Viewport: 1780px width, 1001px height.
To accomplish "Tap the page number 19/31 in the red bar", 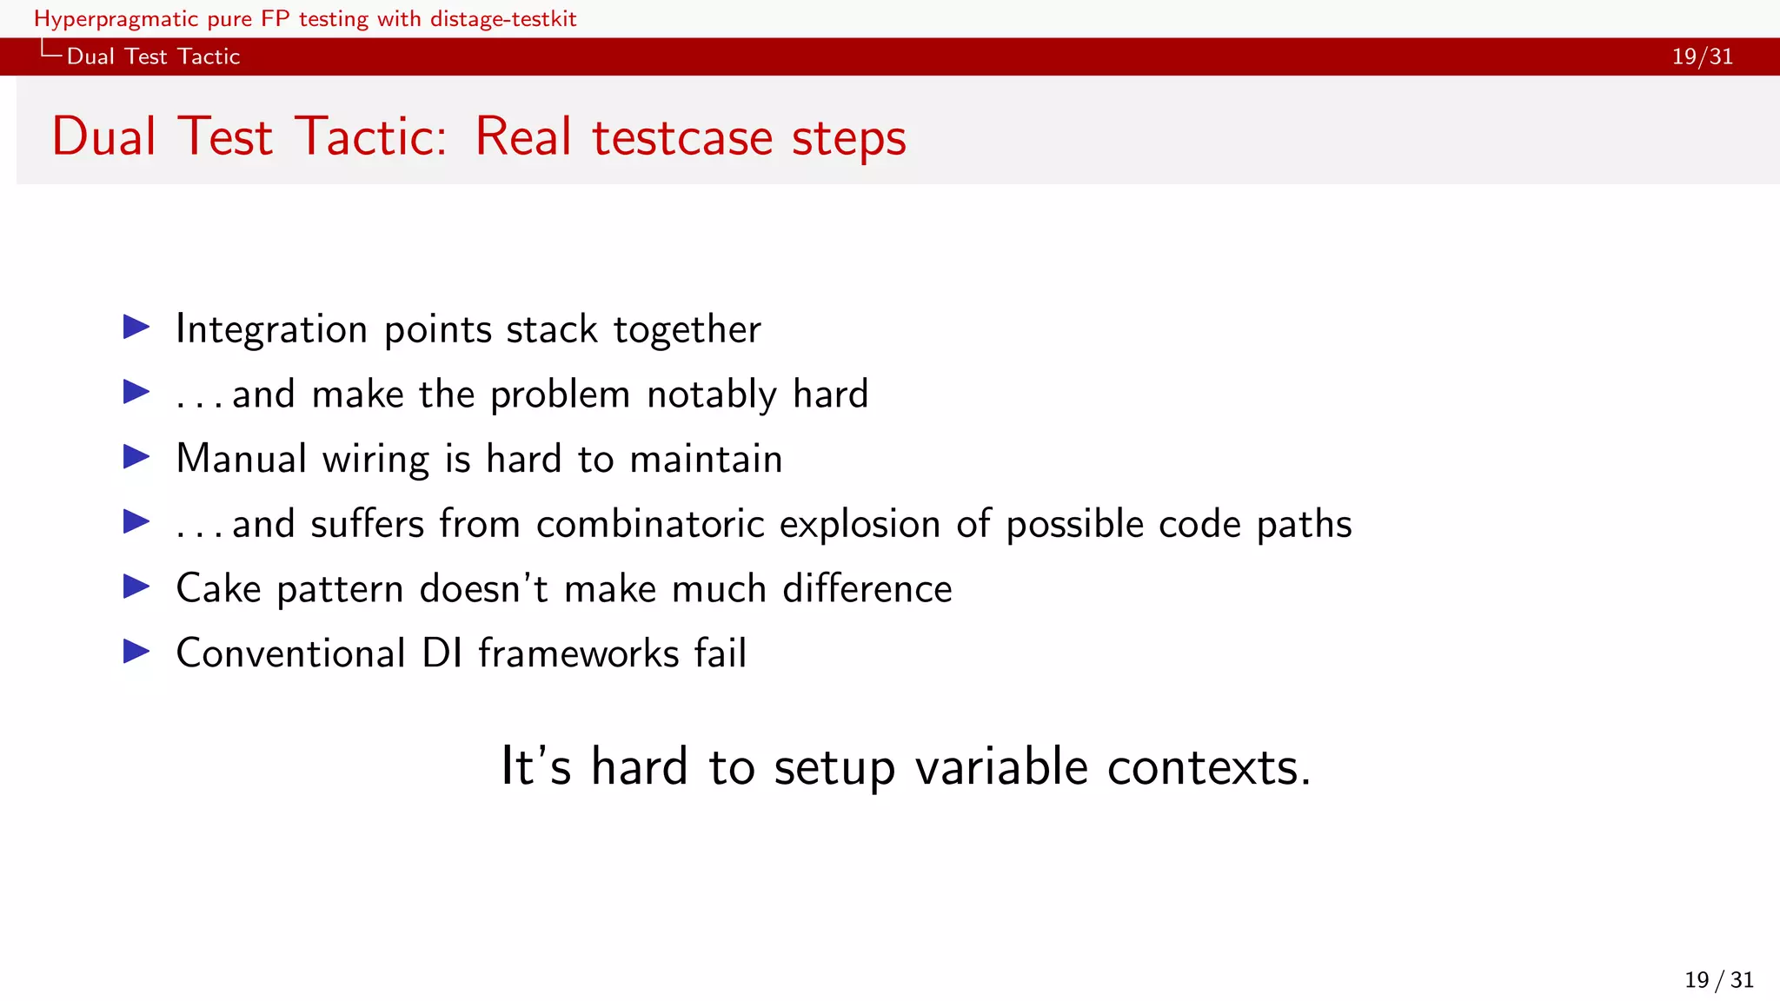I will (x=1702, y=56).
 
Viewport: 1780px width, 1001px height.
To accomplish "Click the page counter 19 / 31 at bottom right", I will (x=1718, y=980).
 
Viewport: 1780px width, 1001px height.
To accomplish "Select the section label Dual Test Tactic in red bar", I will (x=153, y=56).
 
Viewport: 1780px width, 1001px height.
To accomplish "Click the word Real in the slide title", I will (x=522, y=137).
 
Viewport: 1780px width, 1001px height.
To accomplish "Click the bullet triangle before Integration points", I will (x=136, y=328).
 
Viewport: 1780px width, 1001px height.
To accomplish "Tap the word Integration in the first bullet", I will (x=271, y=329).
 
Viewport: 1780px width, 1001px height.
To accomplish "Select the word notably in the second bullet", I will (x=712, y=395).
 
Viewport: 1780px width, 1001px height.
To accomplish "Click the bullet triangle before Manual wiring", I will (x=136, y=457).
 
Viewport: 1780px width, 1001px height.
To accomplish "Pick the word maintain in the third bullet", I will (x=706, y=459).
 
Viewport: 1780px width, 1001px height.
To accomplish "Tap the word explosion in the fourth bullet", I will (x=860, y=525).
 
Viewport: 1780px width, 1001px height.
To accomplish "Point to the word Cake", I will (x=218, y=589).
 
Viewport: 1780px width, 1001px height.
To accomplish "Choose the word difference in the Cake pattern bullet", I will (x=867, y=589).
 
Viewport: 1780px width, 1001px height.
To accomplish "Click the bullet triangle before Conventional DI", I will (x=136, y=652).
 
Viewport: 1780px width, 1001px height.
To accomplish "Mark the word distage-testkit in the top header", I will (x=501, y=19).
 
